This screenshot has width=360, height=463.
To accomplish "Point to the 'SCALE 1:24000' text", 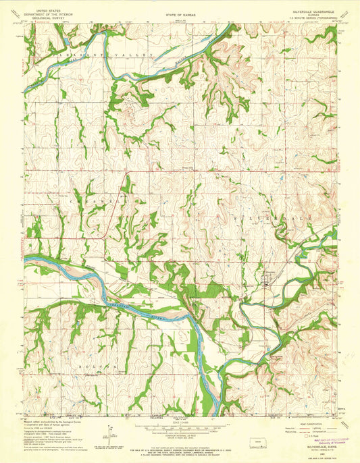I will coord(180,423).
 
